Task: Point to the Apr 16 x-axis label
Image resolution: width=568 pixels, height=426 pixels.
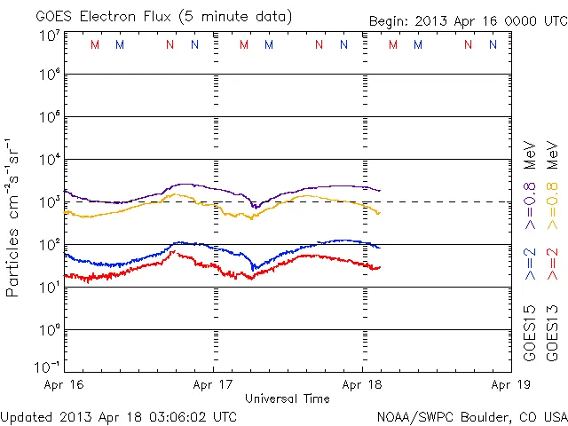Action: pyautogui.click(x=65, y=386)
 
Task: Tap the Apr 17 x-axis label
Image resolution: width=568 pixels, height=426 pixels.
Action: pyautogui.click(x=214, y=386)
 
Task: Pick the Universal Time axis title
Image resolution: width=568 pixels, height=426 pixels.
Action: pyautogui.click(x=288, y=398)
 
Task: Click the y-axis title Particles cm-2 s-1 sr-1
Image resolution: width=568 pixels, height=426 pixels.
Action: pyautogui.click(x=13, y=217)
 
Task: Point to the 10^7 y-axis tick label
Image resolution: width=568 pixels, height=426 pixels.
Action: pyautogui.click(x=49, y=36)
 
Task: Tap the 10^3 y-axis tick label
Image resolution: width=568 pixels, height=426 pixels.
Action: pyautogui.click(x=49, y=202)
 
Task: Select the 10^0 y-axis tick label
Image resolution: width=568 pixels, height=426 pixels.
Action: pyautogui.click(x=49, y=330)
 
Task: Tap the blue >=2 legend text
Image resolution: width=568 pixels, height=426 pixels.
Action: pyautogui.click(x=530, y=264)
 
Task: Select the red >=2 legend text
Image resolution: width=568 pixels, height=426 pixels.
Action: pyautogui.click(x=552, y=264)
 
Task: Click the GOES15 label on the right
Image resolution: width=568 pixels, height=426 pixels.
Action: pyautogui.click(x=530, y=335)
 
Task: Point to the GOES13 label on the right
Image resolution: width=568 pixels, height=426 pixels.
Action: pyautogui.click(x=552, y=335)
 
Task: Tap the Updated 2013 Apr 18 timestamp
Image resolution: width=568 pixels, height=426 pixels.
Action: pyautogui.click(x=119, y=415)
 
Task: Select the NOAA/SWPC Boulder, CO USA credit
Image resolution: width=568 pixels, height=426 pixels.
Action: pyautogui.click(x=471, y=415)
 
